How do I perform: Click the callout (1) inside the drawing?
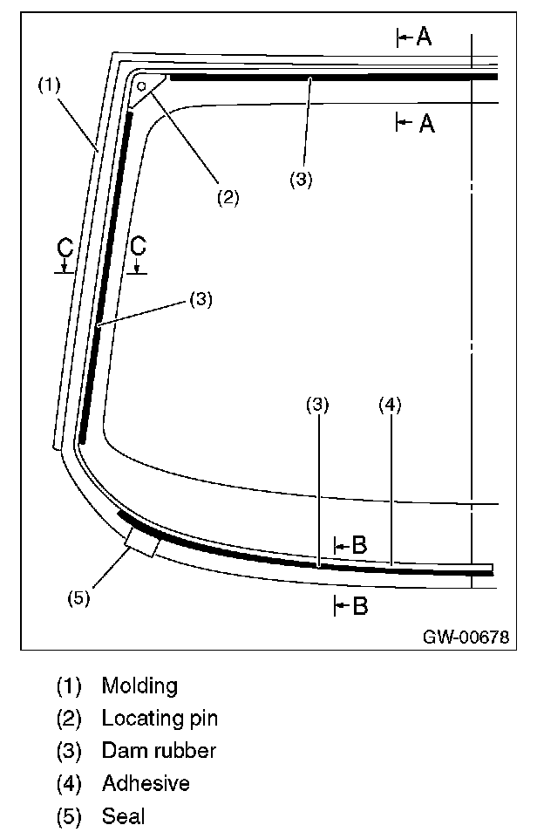click(x=49, y=85)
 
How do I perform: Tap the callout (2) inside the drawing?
click(x=228, y=197)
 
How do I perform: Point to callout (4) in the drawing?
click(x=389, y=405)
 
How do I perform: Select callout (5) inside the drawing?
click(x=79, y=597)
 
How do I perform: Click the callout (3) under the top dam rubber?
click(x=301, y=180)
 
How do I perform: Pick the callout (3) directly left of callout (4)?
click(x=317, y=405)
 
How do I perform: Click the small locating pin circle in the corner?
click(x=140, y=86)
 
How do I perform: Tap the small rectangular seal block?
click(x=142, y=542)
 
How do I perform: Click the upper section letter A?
click(x=423, y=37)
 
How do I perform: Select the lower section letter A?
click(x=426, y=124)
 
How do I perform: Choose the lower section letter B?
click(x=359, y=606)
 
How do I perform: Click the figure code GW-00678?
click(x=466, y=637)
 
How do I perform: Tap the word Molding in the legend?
click(x=139, y=685)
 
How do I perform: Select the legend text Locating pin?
click(x=160, y=719)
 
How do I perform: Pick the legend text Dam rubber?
click(x=159, y=751)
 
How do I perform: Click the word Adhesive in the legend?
click(x=146, y=783)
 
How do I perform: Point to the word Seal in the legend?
click(x=123, y=816)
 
